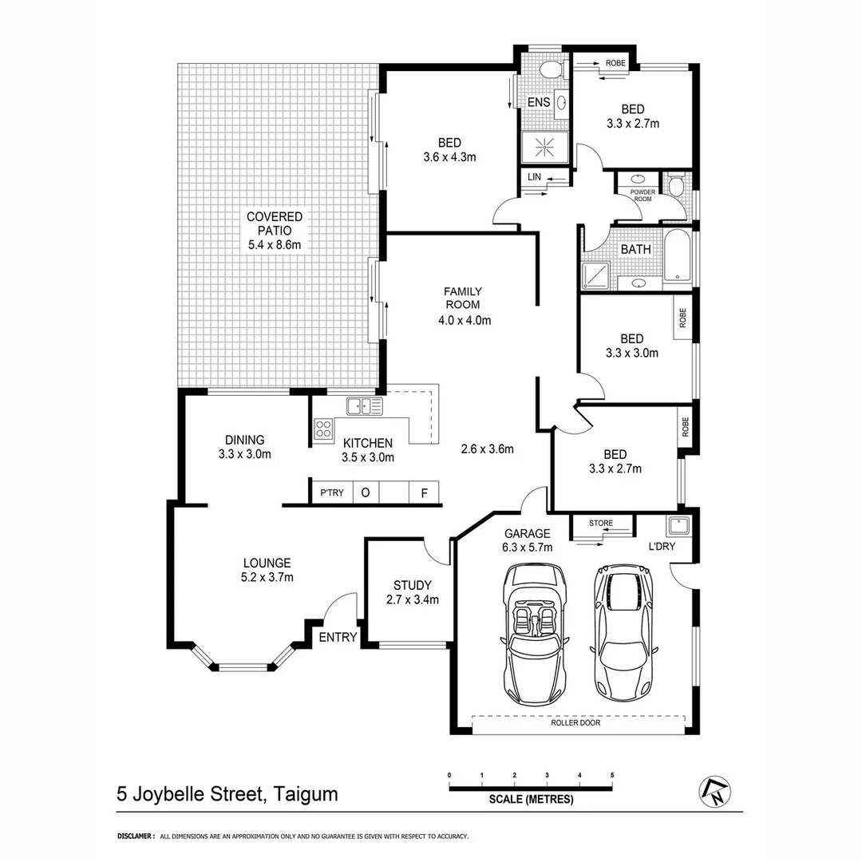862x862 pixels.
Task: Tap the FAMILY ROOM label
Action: coord(463,298)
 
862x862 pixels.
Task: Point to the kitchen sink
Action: coord(364,406)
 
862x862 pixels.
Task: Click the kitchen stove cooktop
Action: coord(323,429)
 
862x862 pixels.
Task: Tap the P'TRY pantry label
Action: coord(331,492)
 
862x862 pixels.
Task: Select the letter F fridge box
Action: coord(424,492)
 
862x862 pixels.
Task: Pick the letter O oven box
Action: coord(365,492)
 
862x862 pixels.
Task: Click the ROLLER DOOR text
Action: coord(575,723)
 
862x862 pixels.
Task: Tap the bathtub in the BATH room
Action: coord(678,255)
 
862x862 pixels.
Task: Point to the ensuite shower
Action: coord(544,147)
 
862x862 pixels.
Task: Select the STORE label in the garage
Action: coord(601,524)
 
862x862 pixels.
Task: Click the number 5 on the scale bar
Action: coord(611,775)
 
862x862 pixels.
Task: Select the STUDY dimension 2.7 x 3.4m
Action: coord(413,599)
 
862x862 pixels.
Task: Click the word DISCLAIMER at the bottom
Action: coord(135,836)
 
